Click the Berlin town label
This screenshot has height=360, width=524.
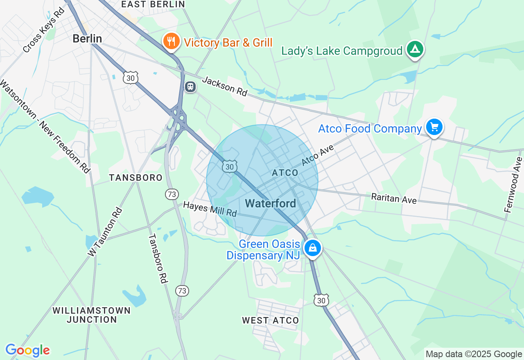[87, 39]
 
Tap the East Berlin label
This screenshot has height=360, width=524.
[153, 4]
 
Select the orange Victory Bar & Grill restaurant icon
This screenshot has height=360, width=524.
[172, 41]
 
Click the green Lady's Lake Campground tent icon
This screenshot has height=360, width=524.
[415, 49]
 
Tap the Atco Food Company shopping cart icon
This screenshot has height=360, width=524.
[434, 128]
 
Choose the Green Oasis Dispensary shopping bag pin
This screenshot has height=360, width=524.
[313, 248]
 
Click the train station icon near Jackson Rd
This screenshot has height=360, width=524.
[190, 87]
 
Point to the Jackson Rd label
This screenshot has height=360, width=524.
[225, 86]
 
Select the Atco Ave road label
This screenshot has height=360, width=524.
[318, 155]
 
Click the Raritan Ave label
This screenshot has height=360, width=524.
[394, 198]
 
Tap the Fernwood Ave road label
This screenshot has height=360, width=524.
[514, 184]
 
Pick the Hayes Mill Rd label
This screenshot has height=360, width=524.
[210, 209]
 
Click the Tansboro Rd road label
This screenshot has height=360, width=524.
[158, 259]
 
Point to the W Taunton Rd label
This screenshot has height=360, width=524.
[105, 232]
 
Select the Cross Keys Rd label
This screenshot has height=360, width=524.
[44, 29]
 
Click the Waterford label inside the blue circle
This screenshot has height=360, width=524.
[270, 203]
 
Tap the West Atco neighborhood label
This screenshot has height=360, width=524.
[270, 320]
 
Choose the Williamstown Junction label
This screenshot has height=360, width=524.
[92, 315]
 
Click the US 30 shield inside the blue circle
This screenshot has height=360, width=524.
[230, 166]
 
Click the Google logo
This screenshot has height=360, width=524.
[27, 350]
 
